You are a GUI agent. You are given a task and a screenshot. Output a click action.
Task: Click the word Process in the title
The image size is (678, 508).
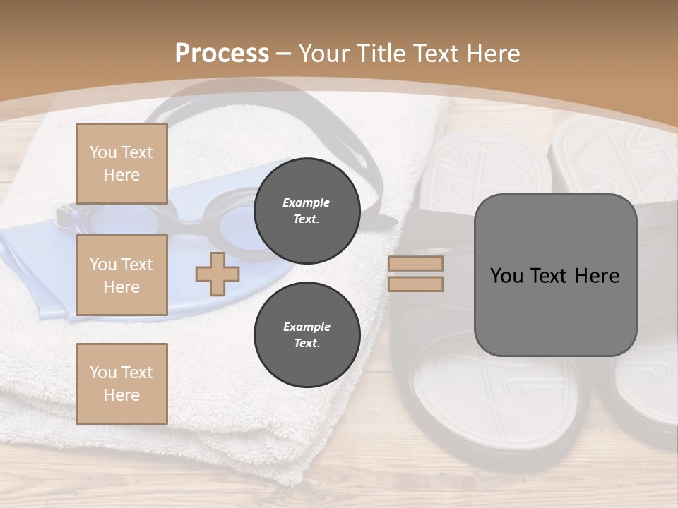click(x=222, y=54)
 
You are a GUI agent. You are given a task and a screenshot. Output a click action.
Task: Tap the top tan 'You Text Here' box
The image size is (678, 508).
click(x=121, y=164)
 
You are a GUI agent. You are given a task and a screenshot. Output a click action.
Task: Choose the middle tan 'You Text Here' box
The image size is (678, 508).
click(x=121, y=275)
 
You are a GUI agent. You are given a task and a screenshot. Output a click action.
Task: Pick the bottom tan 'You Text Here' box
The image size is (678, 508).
click(x=121, y=383)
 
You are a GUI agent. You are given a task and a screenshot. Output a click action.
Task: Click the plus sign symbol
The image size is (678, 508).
click(x=218, y=274)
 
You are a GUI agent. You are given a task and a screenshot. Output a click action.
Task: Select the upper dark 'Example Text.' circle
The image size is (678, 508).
click(x=307, y=210)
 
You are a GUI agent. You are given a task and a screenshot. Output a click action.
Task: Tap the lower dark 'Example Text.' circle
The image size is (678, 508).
click(x=307, y=334)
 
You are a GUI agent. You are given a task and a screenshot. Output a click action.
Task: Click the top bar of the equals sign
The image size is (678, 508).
click(x=415, y=264)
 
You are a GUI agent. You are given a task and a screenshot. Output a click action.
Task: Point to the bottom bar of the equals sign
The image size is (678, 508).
click(x=415, y=284)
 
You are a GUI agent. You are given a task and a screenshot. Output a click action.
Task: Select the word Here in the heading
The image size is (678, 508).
click(x=492, y=54)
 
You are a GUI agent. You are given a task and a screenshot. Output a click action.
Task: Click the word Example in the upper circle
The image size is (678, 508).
click(x=307, y=202)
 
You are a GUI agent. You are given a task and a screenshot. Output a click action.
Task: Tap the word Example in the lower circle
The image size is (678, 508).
click(x=307, y=327)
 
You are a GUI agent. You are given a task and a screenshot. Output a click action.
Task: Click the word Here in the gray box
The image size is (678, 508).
click(x=597, y=276)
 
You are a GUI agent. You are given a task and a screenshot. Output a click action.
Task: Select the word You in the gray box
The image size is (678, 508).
click(x=506, y=276)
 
